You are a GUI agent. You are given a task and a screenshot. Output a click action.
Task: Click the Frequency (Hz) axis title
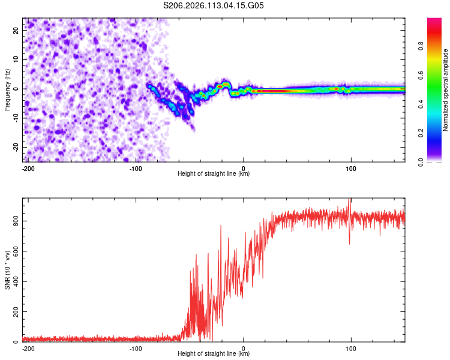7,90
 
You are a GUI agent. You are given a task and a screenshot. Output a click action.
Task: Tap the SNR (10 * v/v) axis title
7,270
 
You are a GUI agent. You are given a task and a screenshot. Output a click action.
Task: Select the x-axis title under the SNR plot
214,354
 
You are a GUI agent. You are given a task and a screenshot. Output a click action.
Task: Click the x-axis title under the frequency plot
214,174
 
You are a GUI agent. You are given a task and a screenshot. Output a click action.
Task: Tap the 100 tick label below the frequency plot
351,168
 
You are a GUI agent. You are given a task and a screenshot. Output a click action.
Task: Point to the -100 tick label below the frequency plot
136,168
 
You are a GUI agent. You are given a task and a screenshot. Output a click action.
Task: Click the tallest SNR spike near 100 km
350,200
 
